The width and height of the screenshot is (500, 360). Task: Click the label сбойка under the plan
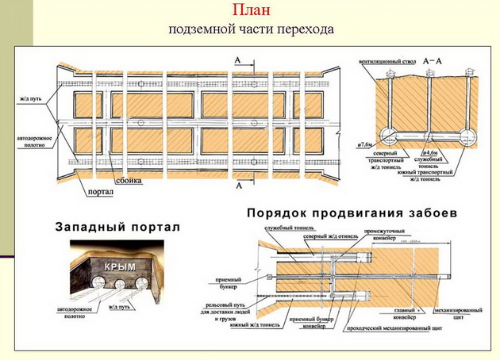[x=129, y=182]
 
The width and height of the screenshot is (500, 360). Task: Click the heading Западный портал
[x=117, y=227]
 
